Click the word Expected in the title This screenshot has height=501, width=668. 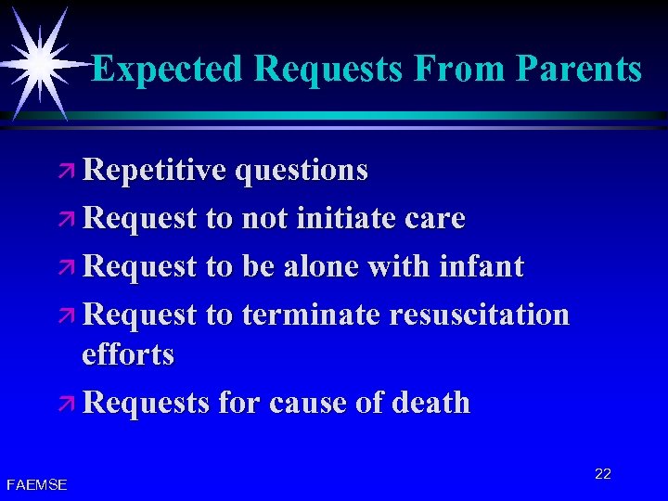pyautogui.click(x=167, y=69)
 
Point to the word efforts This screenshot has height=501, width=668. pyautogui.click(x=127, y=354)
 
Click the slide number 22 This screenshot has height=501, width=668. pyautogui.click(x=603, y=474)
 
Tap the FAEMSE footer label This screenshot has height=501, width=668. pyautogui.click(x=36, y=484)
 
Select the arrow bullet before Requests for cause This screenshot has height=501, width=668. pyautogui.click(x=70, y=405)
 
